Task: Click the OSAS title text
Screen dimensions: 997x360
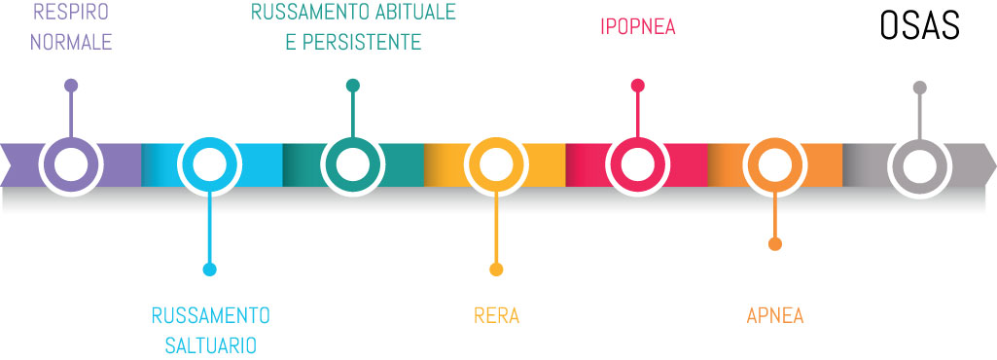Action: tap(919, 26)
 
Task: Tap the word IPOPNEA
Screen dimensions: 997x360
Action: tap(638, 26)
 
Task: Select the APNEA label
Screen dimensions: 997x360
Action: tap(775, 316)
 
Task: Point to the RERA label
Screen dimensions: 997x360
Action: tap(497, 316)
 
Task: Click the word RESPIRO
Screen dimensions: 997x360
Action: tap(71, 12)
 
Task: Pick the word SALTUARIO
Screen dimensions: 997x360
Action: tap(210, 345)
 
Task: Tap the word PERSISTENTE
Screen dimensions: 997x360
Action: tap(362, 42)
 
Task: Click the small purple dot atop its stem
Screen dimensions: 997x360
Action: tap(71, 86)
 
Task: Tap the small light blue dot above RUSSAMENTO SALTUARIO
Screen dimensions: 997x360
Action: tap(210, 270)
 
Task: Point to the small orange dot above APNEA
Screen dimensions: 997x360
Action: tap(775, 244)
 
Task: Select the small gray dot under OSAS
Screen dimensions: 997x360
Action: tap(919, 88)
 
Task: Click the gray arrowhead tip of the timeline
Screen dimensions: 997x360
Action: tap(996, 164)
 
